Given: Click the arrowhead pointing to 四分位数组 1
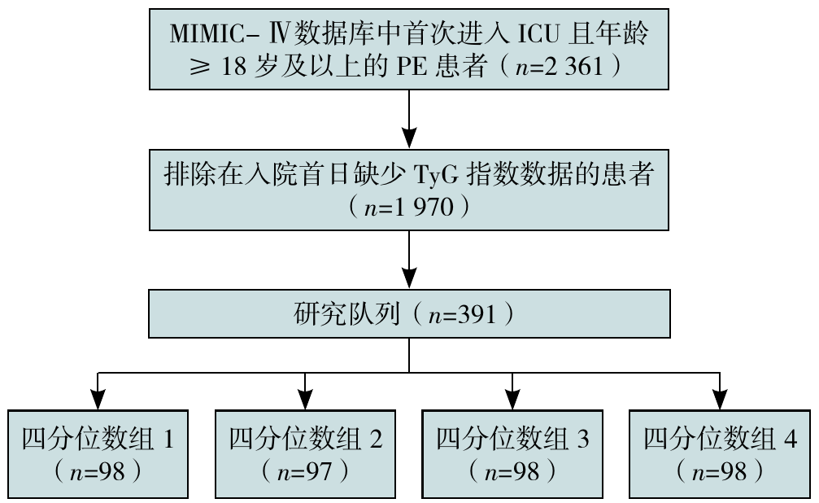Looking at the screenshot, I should click(x=98, y=396).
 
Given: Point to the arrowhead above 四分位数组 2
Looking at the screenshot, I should click(x=305, y=396).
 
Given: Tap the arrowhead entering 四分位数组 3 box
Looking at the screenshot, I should click(x=512, y=396).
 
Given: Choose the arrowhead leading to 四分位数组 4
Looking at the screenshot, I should click(x=719, y=396).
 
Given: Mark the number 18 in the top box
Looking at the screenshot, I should click(x=229, y=68).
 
